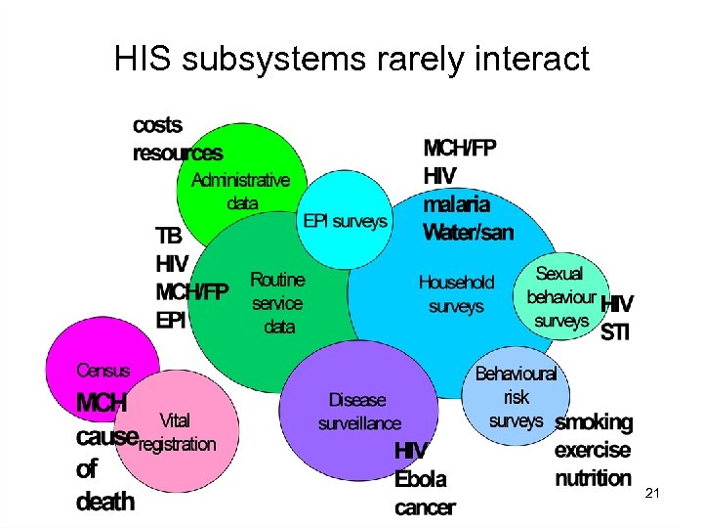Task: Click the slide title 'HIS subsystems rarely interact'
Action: [351, 59]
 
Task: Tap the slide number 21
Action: [653, 496]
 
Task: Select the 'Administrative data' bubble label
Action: [240, 192]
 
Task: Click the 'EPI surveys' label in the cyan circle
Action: [345, 221]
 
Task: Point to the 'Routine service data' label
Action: [278, 303]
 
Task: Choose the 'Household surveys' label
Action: [456, 293]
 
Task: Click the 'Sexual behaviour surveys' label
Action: [560, 296]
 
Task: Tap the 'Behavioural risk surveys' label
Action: [516, 397]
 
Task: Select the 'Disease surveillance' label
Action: [358, 412]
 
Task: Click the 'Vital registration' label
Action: [176, 432]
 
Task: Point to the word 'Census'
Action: [103, 371]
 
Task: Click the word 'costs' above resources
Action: [157, 126]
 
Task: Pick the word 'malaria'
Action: [456, 204]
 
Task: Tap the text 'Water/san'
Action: [468, 233]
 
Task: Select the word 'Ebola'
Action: [420, 479]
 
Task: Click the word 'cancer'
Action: [425, 506]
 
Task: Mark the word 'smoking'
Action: [594, 422]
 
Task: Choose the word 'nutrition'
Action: [593, 478]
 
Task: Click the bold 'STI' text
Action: [615, 332]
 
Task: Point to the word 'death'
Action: [105, 501]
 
